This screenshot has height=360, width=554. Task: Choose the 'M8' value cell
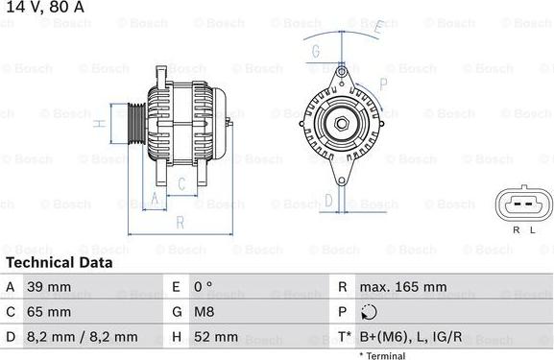(205, 312)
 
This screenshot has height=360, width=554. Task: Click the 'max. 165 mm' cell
(403, 287)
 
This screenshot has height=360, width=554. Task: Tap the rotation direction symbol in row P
(370, 312)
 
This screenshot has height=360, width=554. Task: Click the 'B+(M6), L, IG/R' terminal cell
(411, 337)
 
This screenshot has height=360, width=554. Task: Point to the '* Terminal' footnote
(381, 355)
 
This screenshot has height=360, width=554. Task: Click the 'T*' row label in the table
(343, 337)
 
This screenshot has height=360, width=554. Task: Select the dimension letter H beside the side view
(99, 124)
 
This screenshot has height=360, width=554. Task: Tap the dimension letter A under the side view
(153, 200)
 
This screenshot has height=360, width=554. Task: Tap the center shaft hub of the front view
(340, 122)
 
